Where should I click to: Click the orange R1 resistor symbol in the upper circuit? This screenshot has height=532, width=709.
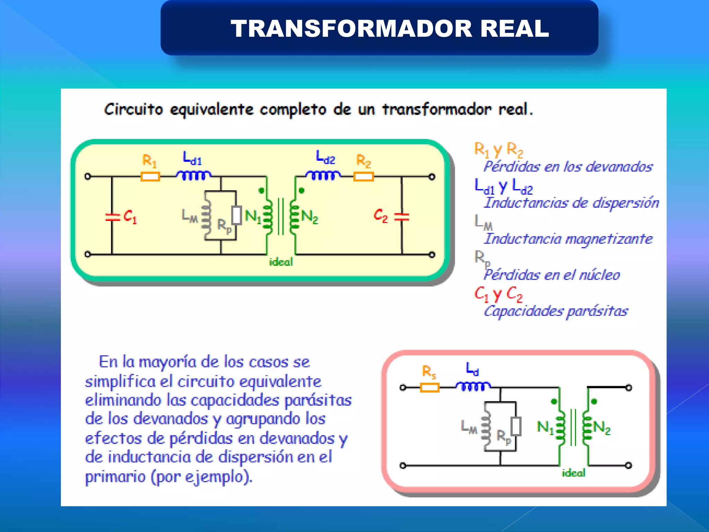tap(150, 177)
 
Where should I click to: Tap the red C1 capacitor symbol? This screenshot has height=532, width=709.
tap(112, 217)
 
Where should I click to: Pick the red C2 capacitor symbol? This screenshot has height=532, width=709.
tap(402, 217)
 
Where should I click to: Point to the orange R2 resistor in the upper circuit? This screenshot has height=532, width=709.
tap(364, 177)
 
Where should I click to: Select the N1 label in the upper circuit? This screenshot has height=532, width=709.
tap(253, 216)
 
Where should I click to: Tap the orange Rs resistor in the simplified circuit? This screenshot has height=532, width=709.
tap(430, 387)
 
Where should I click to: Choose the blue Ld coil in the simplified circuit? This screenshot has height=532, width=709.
tap(473, 386)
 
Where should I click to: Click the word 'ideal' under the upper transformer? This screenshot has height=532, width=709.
tap(281, 262)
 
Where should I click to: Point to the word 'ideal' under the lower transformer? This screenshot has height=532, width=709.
tap(573, 473)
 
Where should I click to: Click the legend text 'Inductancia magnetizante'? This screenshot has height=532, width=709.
tap(568, 239)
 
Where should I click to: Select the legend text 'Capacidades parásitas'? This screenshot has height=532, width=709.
tap(556, 311)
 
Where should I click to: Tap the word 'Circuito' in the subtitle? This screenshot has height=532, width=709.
tap(133, 109)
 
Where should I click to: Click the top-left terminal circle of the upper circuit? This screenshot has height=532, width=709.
tap(88, 177)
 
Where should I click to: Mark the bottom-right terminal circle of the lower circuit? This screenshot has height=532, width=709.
tap(629, 465)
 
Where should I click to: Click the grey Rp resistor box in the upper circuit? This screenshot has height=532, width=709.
tap(237, 215)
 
